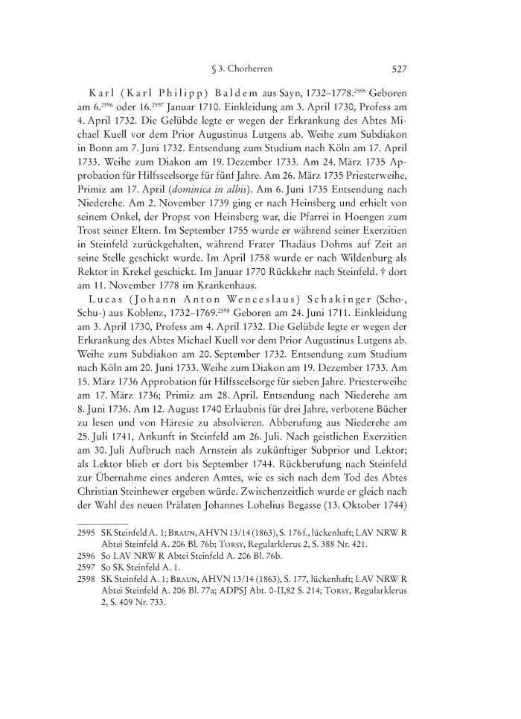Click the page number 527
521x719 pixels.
coord(397,69)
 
